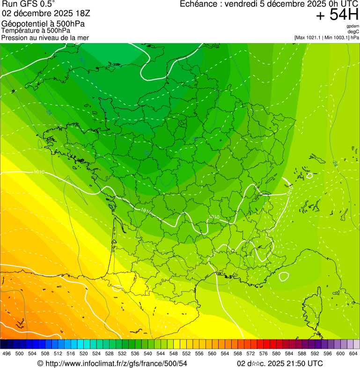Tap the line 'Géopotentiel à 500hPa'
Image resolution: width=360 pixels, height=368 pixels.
pos(43,24)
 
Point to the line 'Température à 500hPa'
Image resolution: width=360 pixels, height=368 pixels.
pos(36,30)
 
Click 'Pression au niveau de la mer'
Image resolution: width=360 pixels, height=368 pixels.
pos(45,37)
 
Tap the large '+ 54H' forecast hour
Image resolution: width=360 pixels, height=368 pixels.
pos(337,15)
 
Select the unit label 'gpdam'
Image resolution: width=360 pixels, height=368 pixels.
pos(353,26)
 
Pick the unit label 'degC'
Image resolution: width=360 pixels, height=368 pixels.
pos(353,31)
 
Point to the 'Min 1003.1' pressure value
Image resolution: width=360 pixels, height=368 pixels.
pos(338,37)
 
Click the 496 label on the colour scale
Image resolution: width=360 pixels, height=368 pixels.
pos(7,353)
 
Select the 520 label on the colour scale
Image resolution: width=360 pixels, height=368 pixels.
pos(84,353)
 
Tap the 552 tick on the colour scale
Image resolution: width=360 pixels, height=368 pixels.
pos(186,353)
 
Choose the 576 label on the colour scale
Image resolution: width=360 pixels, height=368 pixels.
pos(264,353)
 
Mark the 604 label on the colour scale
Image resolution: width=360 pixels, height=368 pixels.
pos(353,353)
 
